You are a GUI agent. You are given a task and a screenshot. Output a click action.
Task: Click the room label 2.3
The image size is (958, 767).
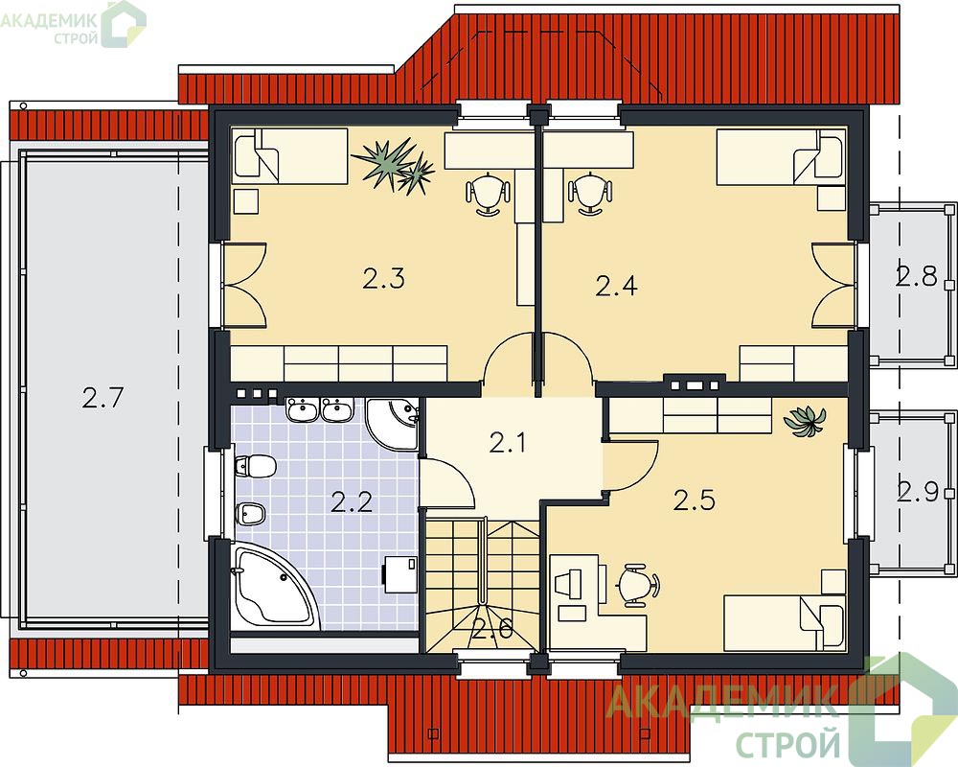[384, 279]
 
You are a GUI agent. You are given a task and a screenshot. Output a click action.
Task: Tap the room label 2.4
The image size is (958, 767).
[616, 285]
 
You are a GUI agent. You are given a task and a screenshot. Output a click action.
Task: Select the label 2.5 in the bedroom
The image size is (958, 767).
[695, 500]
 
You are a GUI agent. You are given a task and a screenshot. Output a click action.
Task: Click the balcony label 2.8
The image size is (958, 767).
[917, 276]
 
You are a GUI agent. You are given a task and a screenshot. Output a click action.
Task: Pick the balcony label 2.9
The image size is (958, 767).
[918, 491]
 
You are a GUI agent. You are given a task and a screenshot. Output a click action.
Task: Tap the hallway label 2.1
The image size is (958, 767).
[508, 442]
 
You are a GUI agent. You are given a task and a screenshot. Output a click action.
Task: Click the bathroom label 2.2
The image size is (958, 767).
[352, 502]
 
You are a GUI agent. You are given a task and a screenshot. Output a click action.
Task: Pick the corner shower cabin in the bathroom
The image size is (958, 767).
[393, 424]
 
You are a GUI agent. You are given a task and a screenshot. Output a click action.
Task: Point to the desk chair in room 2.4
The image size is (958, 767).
[589, 192]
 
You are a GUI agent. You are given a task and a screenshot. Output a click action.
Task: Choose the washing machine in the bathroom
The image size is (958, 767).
[400, 573]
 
